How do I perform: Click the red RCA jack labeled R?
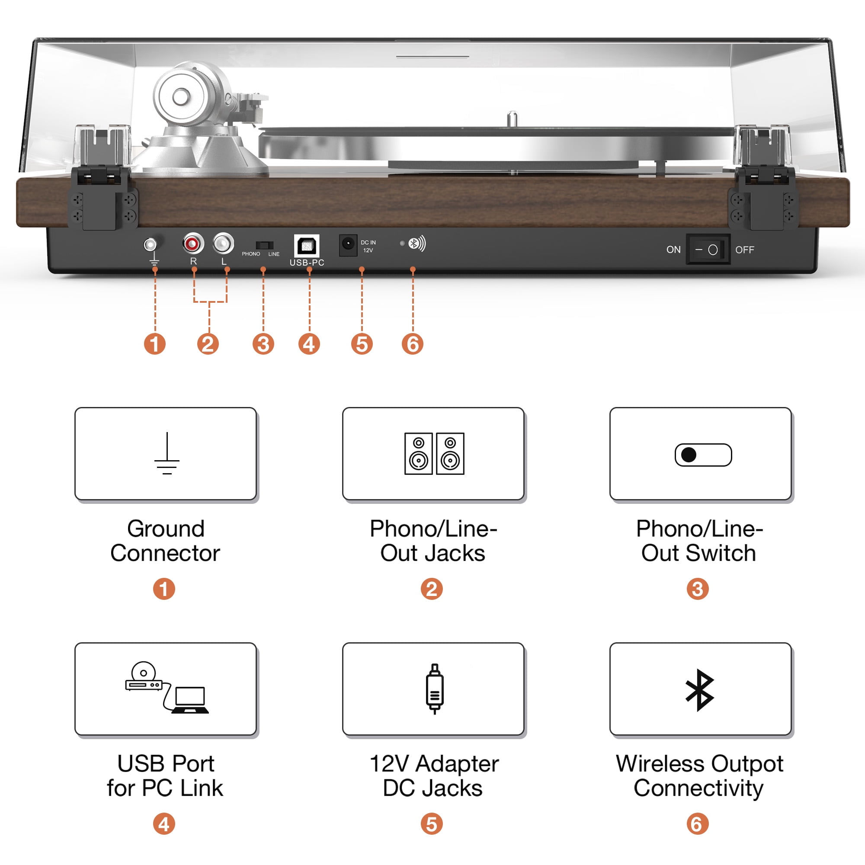coord(193,243)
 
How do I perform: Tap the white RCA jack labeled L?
coord(223,243)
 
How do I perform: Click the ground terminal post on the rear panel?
coord(151,244)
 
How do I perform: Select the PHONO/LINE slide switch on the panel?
coord(264,245)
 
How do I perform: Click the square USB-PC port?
coord(307,246)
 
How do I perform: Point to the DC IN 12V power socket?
coord(348,245)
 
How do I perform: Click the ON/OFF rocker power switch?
coord(708,249)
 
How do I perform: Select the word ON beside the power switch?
coord(673,250)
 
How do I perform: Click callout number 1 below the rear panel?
coord(155,344)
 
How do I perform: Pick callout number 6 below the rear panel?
coord(412,344)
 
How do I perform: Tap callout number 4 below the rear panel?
coord(309,344)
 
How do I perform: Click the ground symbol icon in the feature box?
coord(167,453)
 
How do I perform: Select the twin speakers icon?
coord(434,453)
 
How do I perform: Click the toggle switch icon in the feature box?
coord(703,455)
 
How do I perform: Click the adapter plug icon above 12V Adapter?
coord(434,689)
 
